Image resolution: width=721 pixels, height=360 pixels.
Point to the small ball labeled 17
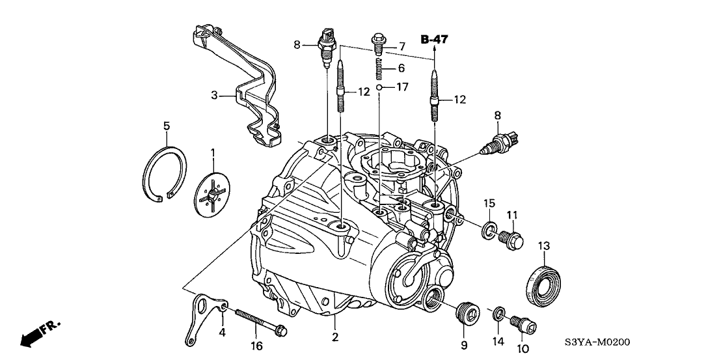tap(378, 87)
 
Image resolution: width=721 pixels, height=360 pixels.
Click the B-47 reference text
tap(435, 40)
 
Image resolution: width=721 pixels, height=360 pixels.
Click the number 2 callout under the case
tap(334, 337)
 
